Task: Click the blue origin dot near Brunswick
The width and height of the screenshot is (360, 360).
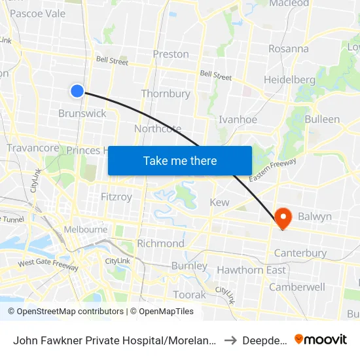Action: [77, 91]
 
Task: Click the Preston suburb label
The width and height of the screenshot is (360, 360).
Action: [170, 54]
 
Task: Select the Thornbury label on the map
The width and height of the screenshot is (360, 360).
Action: [166, 94]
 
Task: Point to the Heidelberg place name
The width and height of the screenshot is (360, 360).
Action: [289, 80]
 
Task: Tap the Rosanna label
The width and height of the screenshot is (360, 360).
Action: [288, 48]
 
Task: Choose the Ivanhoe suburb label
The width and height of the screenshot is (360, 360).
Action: [238, 120]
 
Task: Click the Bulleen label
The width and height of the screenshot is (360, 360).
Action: [322, 119]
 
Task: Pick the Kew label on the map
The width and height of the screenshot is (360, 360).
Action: [219, 202]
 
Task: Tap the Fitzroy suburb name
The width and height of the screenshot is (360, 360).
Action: [117, 196]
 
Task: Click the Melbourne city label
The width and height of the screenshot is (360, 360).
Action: [86, 230]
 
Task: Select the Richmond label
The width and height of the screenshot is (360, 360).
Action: [160, 243]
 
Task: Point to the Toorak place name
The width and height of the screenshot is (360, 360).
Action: [190, 295]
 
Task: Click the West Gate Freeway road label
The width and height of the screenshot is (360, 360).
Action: [48, 264]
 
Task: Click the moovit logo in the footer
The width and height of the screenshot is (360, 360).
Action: [321, 339]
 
